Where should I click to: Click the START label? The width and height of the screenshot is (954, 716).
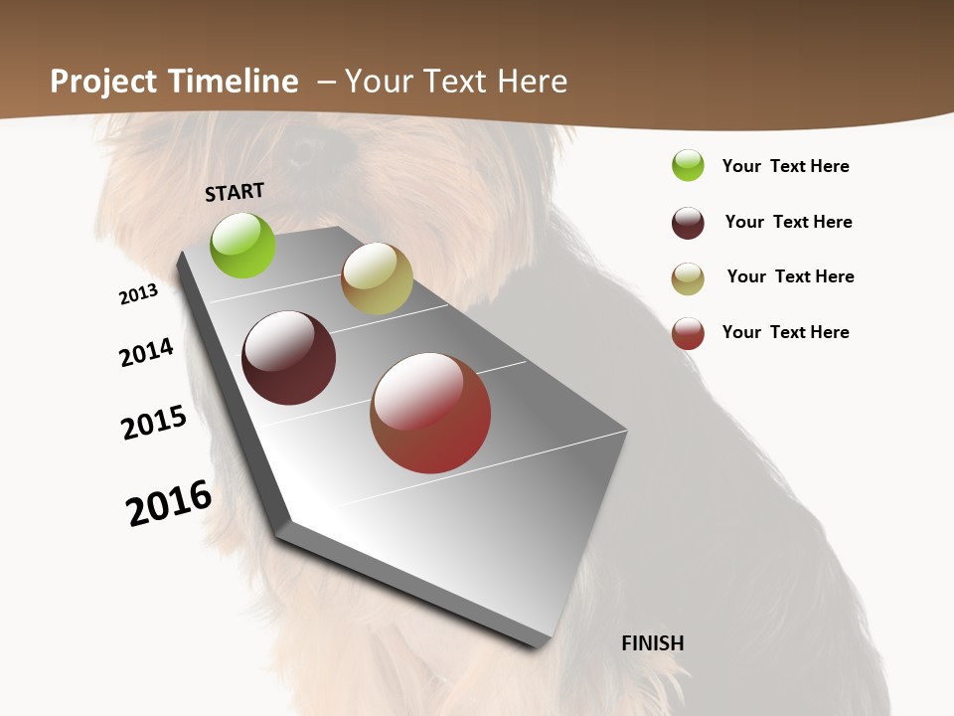(x=235, y=191)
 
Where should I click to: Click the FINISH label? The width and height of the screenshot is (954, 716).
(x=652, y=643)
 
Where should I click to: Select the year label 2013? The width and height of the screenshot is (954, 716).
(x=138, y=294)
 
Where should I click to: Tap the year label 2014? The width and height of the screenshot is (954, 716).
(x=146, y=352)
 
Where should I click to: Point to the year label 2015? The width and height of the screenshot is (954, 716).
(x=154, y=423)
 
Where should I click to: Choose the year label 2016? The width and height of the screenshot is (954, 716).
(x=169, y=503)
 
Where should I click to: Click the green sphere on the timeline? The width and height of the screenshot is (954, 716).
(x=242, y=245)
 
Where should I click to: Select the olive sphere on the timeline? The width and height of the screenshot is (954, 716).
(x=377, y=278)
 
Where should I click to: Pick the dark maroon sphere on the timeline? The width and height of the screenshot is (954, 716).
(x=289, y=358)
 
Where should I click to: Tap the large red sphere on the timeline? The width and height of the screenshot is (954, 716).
(x=430, y=413)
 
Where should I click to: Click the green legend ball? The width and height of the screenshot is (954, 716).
(x=688, y=165)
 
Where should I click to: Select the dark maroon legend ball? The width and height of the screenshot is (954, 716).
(x=688, y=223)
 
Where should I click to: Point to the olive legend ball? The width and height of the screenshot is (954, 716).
(x=688, y=278)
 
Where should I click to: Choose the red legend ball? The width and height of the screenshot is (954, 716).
(x=688, y=333)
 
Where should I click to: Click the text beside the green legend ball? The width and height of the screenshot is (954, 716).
(x=785, y=166)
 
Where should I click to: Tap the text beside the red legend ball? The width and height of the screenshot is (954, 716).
(x=785, y=332)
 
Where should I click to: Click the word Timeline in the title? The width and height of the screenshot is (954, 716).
(x=234, y=82)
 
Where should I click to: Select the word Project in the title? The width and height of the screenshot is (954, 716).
(x=104, y=82)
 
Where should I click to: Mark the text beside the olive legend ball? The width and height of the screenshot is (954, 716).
(x=790, y=276)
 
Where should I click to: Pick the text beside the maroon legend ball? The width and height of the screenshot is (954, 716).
(x=788, y=222)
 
